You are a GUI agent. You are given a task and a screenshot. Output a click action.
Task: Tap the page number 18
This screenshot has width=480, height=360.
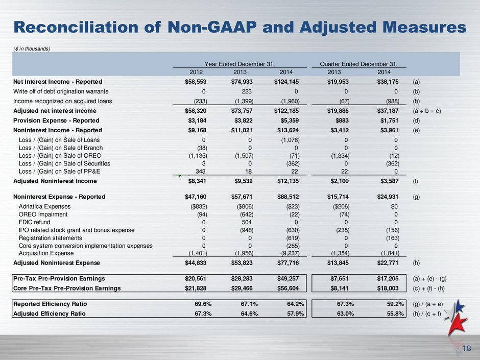[467, 348]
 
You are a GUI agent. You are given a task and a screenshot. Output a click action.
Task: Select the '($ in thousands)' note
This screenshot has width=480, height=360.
[32, 49]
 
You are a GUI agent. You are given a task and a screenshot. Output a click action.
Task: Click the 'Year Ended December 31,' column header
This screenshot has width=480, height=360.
[239, 64]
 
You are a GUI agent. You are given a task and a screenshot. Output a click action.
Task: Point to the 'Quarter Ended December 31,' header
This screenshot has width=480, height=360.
[359, 64]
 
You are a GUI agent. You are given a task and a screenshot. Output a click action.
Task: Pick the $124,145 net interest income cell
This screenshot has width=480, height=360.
[286, 82]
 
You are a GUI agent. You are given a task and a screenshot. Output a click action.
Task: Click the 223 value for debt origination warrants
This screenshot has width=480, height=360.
[247, 91]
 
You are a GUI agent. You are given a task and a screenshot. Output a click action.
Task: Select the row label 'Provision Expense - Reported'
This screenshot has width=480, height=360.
[56, 121]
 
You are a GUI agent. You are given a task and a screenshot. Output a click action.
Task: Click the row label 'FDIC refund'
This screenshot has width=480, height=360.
[34, 222]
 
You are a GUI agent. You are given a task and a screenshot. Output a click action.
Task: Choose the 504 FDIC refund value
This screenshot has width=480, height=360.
[247, 222]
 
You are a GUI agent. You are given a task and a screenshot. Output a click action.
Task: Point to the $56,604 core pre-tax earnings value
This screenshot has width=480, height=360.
[288, 289]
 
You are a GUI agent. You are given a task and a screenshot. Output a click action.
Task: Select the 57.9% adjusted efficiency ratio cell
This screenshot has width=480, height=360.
[296, 314]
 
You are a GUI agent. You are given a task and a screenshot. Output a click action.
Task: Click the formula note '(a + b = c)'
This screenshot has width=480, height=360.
[427, 111]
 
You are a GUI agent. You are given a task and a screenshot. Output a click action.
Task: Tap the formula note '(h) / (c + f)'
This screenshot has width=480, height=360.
[427, 314]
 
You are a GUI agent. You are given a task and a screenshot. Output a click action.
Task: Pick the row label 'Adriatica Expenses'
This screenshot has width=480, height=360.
[45, 207]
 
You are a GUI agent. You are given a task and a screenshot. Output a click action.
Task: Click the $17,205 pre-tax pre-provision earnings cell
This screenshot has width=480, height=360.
[388, 279]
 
